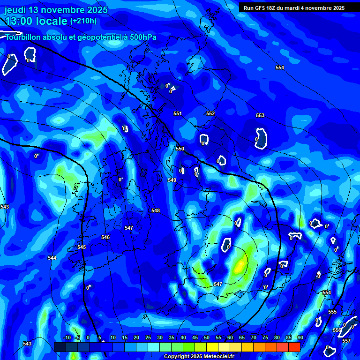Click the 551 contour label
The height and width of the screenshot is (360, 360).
[x=177, y=114]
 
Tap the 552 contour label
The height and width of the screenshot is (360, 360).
[x=210, y=114]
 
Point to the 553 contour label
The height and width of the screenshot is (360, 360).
[x=260, y=115]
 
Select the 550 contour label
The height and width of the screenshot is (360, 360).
[x=180, y=149]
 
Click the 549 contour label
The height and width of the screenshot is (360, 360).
[x=172, y=180]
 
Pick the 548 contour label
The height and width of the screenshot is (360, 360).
[x=156, y=210]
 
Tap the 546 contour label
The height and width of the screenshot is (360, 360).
[x=105, y=237]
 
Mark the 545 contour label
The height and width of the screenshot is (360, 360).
[x=82, y=247]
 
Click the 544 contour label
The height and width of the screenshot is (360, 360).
[x=52, y=258]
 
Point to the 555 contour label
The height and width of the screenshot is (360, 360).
[x=332, y=312]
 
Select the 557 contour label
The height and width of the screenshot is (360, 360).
[x=346, y=341]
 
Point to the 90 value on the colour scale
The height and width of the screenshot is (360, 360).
[x=300, y=337]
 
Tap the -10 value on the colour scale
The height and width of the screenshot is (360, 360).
[x=67, y=337]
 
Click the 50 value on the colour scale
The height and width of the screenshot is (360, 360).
[x=207, y=337]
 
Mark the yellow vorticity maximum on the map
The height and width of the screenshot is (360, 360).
[x=240, y=266]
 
